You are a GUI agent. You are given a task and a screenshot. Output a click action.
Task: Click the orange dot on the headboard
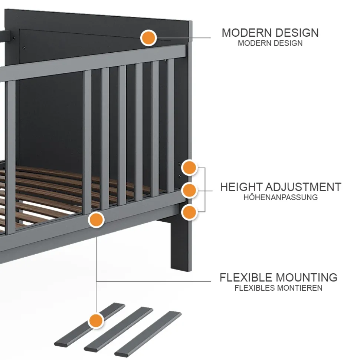tap(148, 38)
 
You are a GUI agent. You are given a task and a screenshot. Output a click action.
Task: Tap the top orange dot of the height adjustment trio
tap(189, 168)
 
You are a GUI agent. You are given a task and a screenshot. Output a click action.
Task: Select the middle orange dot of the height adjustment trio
tap(189, 190)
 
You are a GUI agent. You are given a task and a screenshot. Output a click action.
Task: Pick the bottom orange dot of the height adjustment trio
tap(189, 212)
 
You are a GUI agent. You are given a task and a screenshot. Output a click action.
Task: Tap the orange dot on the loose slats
tap(96, 320)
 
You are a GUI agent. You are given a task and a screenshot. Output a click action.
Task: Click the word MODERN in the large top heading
tap(246, 33)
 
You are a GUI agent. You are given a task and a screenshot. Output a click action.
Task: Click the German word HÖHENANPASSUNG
tap(281, 197)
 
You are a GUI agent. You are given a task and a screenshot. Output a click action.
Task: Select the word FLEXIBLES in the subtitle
tap(255, 288)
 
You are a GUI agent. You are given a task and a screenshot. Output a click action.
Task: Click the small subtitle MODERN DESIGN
tap(270, 43)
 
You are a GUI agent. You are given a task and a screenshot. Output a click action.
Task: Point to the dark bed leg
tap(181, 245)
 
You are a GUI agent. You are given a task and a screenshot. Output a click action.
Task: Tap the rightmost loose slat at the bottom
tap(148, 333)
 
